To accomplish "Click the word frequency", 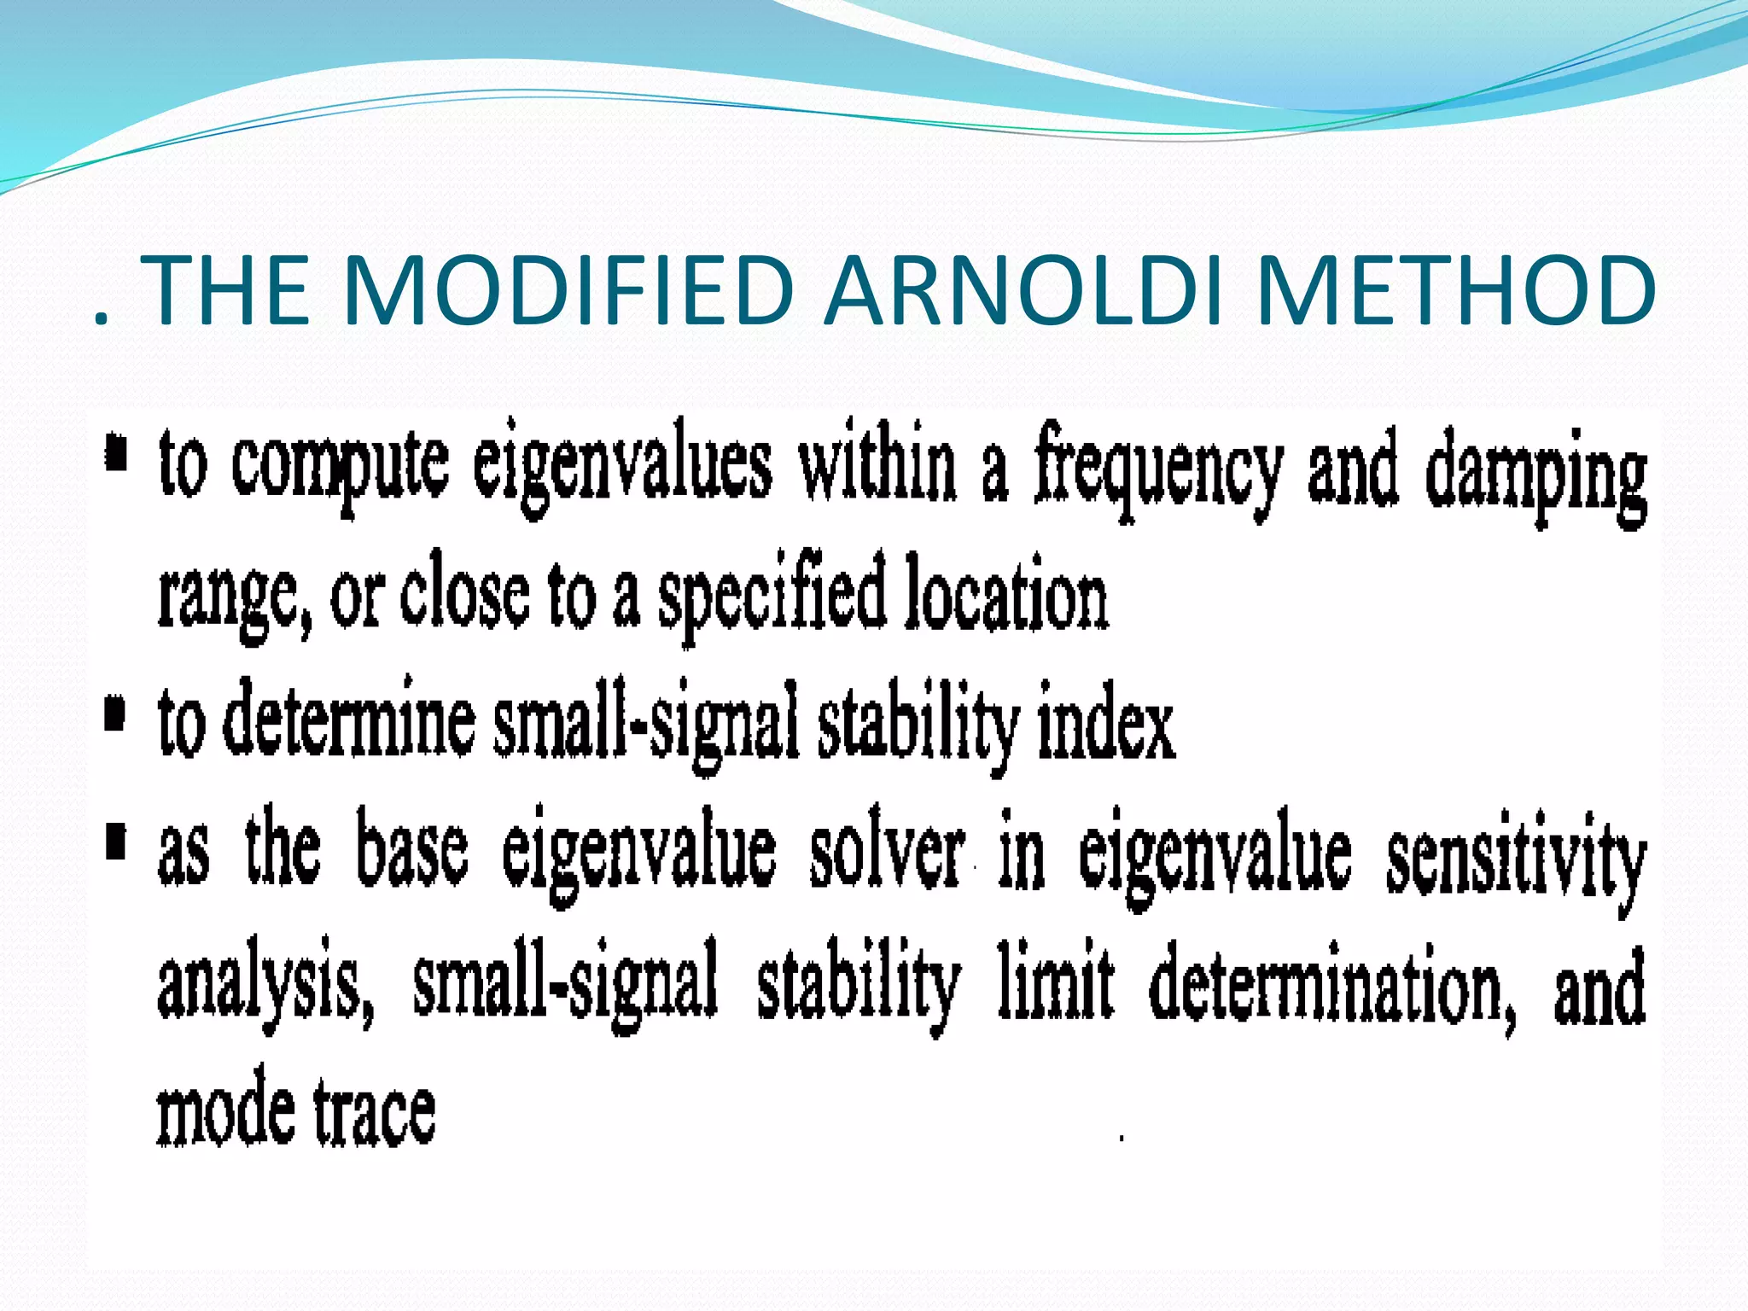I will (1158, 472).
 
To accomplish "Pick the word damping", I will (1536, 476).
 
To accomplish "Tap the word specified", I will (772, 598).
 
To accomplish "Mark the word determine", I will (349, 722).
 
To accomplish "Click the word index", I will (1106, 726).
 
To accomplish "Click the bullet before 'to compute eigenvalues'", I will (116, 453).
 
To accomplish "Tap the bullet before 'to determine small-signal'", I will (114, 714).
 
